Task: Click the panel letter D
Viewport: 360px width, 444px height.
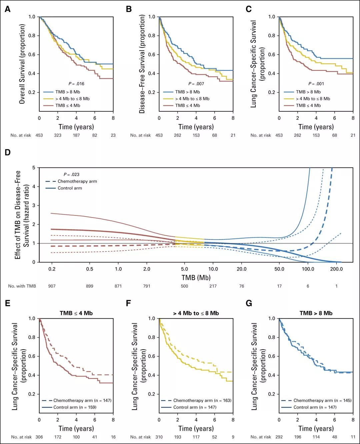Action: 7,152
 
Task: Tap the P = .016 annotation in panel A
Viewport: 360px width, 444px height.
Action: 76,84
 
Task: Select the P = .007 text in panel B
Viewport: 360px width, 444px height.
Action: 196,84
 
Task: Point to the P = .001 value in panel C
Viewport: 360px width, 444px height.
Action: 316,84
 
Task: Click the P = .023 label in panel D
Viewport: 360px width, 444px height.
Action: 71,174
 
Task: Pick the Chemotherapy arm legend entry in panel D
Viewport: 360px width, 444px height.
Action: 77,181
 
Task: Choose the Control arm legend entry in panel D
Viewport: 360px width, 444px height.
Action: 70,188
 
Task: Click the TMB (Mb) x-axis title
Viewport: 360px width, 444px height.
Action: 196,278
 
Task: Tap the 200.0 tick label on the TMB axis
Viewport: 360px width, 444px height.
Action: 336,269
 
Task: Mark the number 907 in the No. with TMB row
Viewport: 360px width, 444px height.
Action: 52,286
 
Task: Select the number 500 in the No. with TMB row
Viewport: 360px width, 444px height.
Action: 184,286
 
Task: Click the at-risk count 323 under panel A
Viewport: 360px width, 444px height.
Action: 58,135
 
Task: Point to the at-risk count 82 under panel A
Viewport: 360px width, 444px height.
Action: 95,135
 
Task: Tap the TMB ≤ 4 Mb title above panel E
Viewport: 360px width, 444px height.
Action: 76,313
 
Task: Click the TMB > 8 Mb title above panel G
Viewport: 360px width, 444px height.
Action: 316,313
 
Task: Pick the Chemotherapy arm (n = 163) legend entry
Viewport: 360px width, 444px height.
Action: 202,400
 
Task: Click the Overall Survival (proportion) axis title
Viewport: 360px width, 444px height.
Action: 22,64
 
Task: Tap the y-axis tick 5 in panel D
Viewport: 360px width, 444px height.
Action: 34,168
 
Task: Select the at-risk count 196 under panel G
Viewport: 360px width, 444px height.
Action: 298,437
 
